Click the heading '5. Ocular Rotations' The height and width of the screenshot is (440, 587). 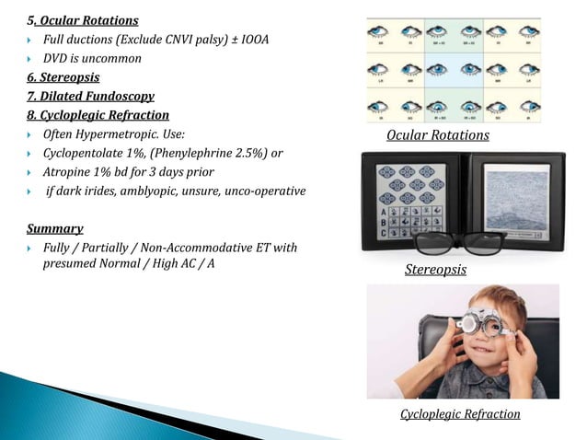tap(84, 20)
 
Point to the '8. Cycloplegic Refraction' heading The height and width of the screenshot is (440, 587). tap(98, 115)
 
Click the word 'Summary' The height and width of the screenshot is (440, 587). tap(54, 228)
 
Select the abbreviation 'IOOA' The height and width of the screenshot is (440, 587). tap(252, 40)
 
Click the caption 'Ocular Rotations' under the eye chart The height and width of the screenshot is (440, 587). tap(438, 136)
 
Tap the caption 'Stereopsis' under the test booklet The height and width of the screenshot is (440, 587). tap(435, 271)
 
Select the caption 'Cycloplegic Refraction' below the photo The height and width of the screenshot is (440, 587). tap(460, 414)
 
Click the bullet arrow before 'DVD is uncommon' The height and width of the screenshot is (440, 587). tap(30, 59)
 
